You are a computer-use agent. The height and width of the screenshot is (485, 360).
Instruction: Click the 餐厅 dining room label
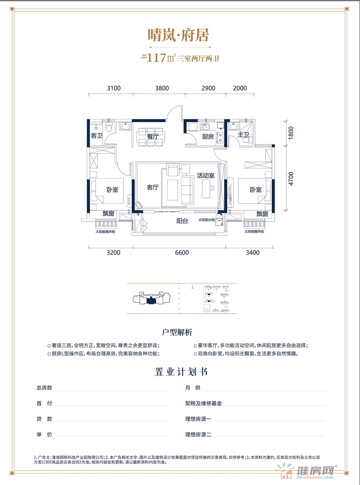(x=153, y=136)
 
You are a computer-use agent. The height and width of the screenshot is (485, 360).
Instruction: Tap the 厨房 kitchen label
(x=208, y=136)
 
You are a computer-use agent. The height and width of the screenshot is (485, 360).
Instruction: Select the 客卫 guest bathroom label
(x=96, y=136)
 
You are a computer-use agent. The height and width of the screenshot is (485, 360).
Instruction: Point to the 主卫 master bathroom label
(x=243, y=135)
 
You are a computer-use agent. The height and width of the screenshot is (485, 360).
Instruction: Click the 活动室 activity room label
(x=206, y=176)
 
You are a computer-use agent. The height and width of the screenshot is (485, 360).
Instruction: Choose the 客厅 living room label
(x=153, y=187)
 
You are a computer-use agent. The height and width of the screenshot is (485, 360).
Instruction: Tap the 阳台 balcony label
(x=182, y=221)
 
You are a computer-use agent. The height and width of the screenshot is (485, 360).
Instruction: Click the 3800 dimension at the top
(x=162, y=88)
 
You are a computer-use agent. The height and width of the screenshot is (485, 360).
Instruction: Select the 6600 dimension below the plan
(x=182, y=253)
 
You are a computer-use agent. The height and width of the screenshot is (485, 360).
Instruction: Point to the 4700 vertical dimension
(x=291, y=179)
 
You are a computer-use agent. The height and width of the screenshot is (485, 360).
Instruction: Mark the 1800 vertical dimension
(x=291, y=133)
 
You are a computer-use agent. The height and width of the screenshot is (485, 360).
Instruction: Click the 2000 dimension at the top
(x=240, y=88)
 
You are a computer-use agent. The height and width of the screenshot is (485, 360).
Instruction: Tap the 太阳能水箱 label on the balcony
(x=206, y=220)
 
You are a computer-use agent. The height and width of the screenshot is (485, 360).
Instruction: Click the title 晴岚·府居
(x=178, y=36)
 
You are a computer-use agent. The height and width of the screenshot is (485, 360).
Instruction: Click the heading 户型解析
(x=177, y=332)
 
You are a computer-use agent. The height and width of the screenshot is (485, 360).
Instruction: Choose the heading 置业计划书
(x=181, y=372)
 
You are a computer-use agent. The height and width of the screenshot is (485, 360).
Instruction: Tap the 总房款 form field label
(x=44, y=388)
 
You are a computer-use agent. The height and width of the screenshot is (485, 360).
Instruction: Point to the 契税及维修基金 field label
(x=203, y=403)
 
